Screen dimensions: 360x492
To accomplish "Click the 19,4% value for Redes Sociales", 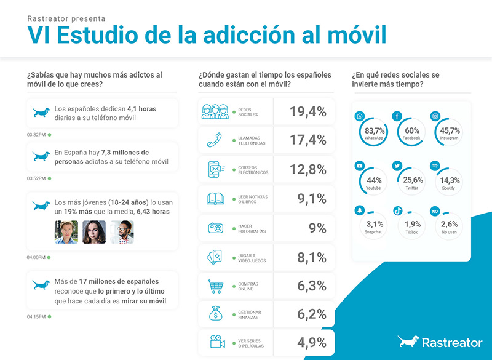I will coord(308,111).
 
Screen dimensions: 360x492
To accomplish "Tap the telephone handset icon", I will coord(215,140).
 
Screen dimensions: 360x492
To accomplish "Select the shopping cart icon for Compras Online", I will coord(215,286).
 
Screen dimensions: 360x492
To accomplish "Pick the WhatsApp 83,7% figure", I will coord(375,130).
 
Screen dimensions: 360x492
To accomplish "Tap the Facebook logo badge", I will coord(398,116).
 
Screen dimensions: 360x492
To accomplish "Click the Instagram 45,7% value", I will coord(450,130).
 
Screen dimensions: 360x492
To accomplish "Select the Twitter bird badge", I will coord(398,166).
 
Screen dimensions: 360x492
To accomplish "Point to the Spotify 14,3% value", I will coord(450,180).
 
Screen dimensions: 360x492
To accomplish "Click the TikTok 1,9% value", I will coord(412,224).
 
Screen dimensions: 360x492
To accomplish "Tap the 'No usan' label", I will coord(450,232).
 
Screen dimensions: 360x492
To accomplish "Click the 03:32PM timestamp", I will coord(36,134).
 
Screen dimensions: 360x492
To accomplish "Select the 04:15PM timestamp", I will coord(36,317).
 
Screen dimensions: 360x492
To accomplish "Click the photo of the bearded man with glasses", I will coord(122,232).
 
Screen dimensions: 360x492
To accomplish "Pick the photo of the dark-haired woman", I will coord(94,232).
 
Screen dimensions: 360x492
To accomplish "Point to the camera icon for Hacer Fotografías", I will coord(215,228).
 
